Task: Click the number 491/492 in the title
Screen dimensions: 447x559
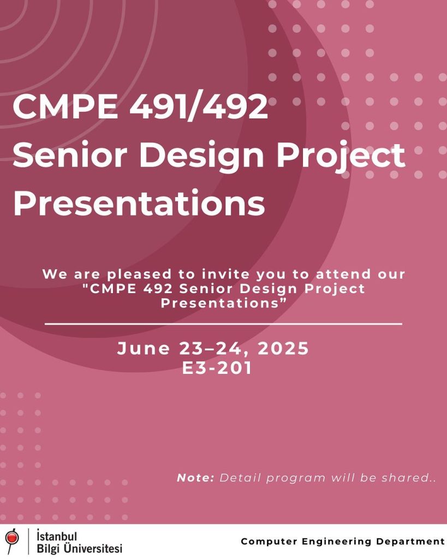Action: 198,106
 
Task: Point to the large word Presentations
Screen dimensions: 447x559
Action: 139,203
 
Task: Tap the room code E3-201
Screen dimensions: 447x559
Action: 217,367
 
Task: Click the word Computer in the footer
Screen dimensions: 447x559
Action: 269,542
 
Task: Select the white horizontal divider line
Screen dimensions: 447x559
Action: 224,324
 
